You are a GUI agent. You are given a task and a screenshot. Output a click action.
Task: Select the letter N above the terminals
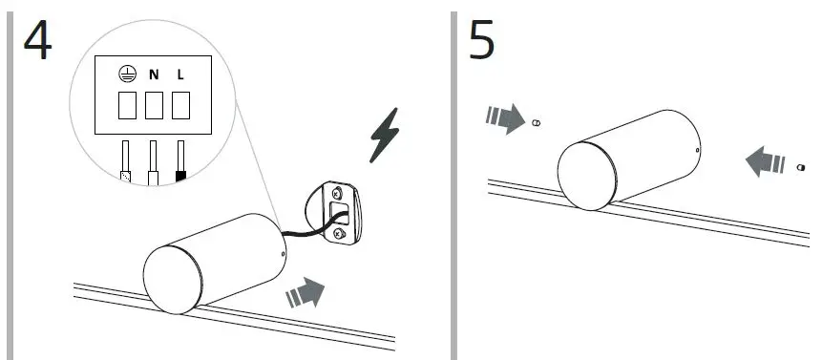click(x=154, y=74)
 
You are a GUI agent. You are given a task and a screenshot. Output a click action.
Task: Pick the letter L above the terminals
click(x=180, y=74)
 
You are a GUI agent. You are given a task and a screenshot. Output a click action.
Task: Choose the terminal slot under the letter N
click(x=154, y=105)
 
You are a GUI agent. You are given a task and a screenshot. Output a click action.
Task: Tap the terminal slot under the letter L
click(x=180, y=105)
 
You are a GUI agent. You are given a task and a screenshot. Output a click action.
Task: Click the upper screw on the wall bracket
click(x=336, y=194)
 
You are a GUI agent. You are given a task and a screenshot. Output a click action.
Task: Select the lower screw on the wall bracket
click(x=338, y=233)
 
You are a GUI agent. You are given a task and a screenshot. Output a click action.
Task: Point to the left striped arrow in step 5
click(x=504, y=117)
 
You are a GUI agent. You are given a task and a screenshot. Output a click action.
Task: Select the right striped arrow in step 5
click(x=765, y=159)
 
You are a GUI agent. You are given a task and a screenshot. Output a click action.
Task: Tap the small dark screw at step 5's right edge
click(x=798, y=166)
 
